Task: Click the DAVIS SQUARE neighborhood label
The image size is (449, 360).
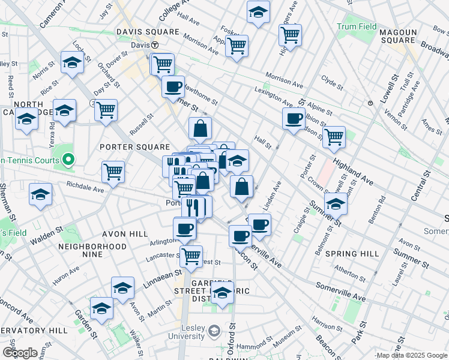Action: coord(147,32)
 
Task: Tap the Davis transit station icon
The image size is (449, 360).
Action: coord(154,45)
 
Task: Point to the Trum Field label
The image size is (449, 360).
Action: coord(357,27)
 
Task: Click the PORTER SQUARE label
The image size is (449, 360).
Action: coord(134,147)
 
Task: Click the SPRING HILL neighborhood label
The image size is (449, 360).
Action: coord(352,254)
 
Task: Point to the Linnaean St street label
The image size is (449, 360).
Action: coord(161,277)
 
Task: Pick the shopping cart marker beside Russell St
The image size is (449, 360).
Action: coord(106,110)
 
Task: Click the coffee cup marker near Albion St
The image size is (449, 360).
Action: coord(294,118)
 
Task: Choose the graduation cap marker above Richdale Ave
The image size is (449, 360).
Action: coord(40,194)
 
